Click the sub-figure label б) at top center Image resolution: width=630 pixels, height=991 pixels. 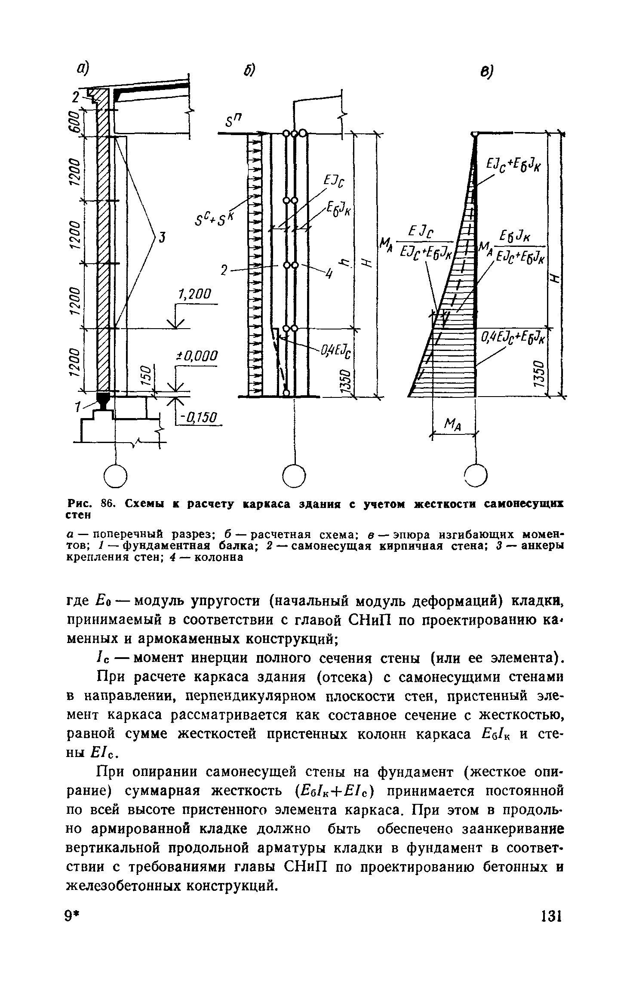click(249, 70)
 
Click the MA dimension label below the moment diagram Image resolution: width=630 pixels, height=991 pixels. click(453, 426)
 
